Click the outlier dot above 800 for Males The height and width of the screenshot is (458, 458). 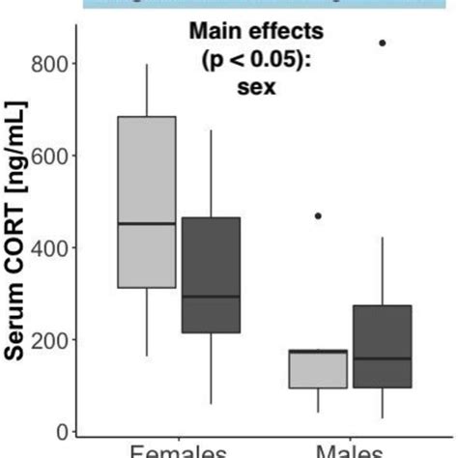point(383,43)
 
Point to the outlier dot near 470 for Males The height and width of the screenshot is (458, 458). point(319,215)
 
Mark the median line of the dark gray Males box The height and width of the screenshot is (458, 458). point(383,358)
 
